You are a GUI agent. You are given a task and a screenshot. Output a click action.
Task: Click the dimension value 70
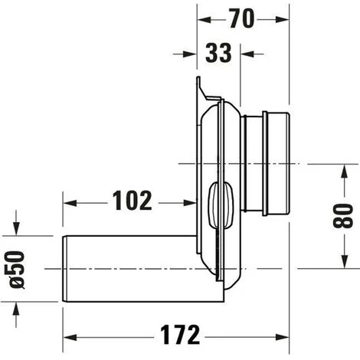[x=241, y=18]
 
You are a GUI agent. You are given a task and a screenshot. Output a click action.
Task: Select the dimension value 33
[x=218, y=53]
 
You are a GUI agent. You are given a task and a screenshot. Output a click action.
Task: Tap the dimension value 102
[x=133, y=201]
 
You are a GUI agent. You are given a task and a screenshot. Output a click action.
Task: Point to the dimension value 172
[x=180, y=335]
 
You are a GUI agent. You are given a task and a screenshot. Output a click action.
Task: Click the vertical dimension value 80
[x=343, y=216]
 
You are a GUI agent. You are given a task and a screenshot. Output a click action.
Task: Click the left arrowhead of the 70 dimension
[x=205, y=20]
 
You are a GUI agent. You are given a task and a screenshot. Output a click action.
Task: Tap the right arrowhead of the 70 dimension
[x=282, y=19]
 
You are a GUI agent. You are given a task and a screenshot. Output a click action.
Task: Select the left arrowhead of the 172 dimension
[x=70, y=337]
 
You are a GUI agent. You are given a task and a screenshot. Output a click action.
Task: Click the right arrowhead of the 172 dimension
[x=283, y=337]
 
